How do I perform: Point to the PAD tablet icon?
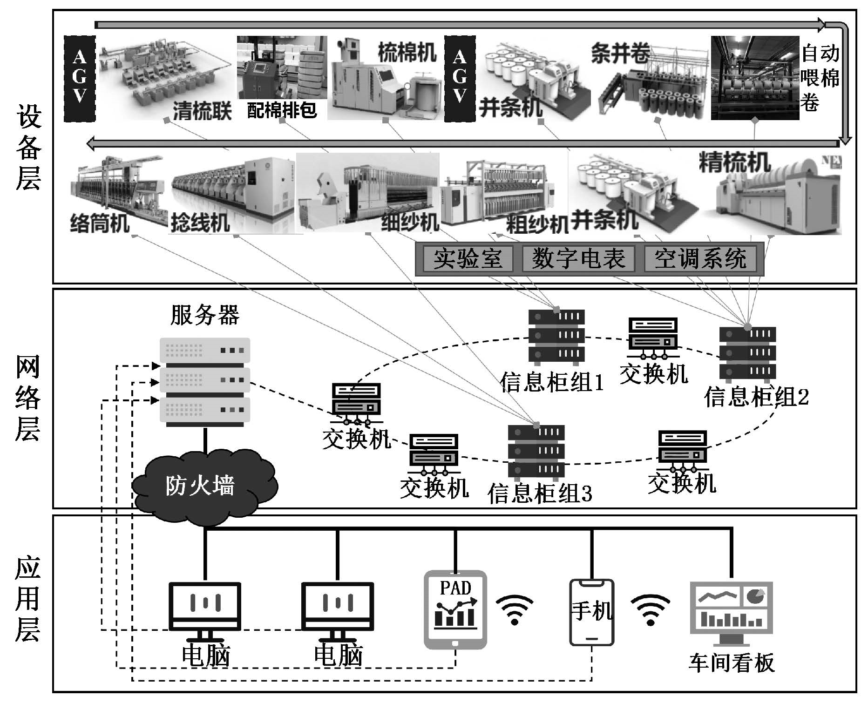[455, 609]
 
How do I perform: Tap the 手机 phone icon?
[592, 612]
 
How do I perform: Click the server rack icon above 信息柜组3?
[536, 452]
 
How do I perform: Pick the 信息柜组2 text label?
[757, 397]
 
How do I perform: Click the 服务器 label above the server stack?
[205, 315]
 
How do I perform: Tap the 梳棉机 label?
[407, 53]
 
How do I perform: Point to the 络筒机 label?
[100, 223]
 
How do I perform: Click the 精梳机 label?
[735, 162]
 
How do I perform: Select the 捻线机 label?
[200, 223]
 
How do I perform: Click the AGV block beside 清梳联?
[80, 78]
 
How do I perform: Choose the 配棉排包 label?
[281, 110]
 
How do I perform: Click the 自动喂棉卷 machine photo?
[754, 78]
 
